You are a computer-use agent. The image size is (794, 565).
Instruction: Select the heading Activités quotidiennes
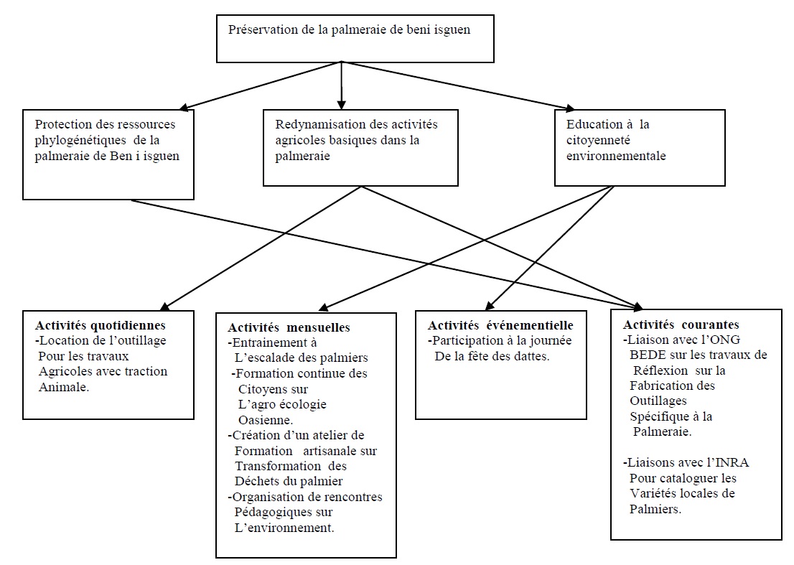101,325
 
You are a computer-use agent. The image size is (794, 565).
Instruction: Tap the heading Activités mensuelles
289,327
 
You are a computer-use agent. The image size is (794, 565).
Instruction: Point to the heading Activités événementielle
500,325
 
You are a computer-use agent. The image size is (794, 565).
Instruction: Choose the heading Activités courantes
681,324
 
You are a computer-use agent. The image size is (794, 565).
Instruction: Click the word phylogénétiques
80,140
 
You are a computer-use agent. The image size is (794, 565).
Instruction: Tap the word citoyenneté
598,140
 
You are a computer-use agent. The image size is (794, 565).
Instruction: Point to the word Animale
64,387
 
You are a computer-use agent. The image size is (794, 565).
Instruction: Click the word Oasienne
266,420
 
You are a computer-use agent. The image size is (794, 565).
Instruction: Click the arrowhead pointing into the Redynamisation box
341,105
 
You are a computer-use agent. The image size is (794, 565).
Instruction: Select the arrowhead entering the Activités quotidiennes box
165,305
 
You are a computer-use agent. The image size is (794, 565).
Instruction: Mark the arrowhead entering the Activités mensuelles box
324,307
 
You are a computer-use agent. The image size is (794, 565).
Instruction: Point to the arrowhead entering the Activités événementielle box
490,305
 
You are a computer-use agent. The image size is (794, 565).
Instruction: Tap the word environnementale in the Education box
616,156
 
